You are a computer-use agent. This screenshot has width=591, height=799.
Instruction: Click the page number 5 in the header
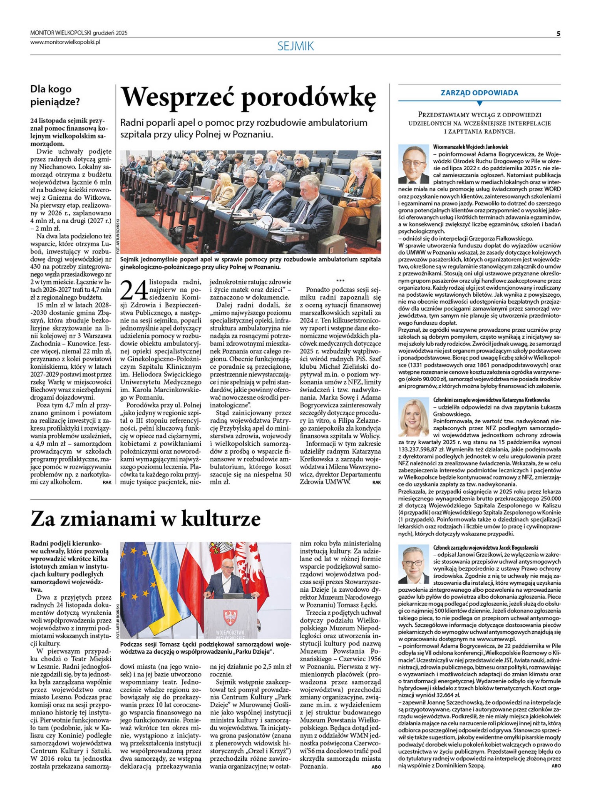[x=558, y=33]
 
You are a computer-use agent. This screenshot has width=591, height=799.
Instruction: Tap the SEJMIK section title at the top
[x=295, y=46]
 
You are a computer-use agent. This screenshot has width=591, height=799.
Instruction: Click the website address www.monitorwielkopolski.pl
[x=65, y=42]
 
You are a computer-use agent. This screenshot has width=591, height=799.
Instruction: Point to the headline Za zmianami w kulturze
[x=145, y=519]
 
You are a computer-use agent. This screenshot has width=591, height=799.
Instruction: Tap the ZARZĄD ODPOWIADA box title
[x=479, y=93]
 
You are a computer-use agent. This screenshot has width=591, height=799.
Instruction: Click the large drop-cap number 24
[x=134, y=290]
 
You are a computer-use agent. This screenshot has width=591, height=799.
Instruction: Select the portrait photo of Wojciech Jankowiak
[x=413, y=164]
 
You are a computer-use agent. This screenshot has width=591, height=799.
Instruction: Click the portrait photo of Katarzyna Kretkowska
[x=413, y=417]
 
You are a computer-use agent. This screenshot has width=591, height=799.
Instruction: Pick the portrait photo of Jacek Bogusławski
[x=413, y=564]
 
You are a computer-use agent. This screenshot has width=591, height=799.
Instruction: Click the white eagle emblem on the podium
[x=230, y=617]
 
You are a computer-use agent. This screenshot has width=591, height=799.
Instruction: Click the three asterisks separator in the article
[x=340, y=281]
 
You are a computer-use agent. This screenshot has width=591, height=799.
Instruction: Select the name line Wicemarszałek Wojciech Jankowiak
[x=470, y=147]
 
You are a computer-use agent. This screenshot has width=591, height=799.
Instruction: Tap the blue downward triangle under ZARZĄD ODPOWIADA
[x=479, y=103]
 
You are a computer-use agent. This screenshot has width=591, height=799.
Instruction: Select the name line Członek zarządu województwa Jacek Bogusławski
[x=486, y=548]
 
